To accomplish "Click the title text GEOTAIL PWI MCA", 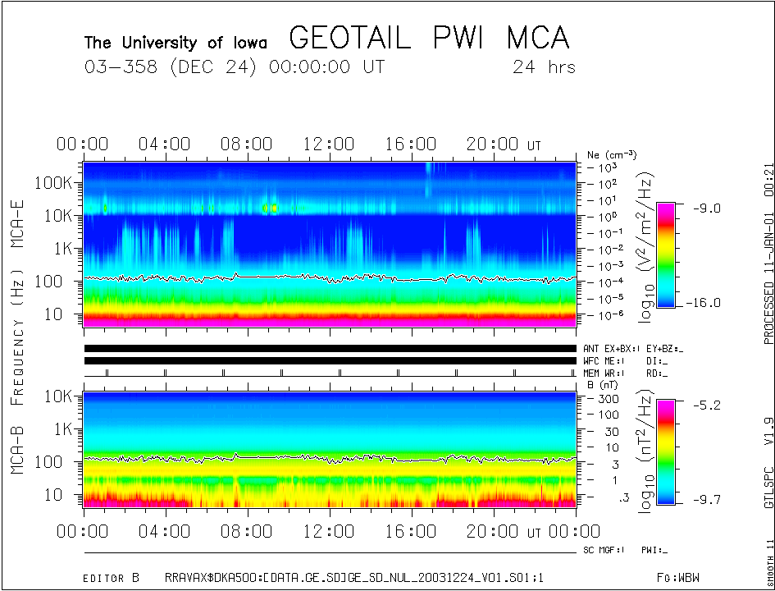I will tap(429, 38).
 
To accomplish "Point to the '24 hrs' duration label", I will tap(544, 66).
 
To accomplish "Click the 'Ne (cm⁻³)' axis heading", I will tap(612, 154).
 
